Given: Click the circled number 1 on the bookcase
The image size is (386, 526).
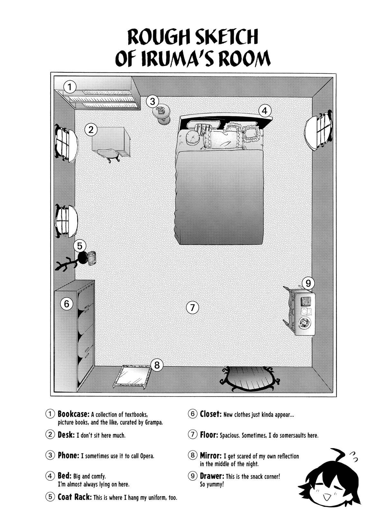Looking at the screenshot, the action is click(x=69, y=87).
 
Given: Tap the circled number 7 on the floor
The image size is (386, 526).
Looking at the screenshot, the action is click(x=192, y=307).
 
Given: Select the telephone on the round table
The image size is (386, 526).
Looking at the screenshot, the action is click(x=161, y=110).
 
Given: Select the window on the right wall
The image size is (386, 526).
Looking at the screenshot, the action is click(x=319, y=130).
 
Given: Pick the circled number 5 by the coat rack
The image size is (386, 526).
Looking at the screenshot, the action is click(x=80, y=246).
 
